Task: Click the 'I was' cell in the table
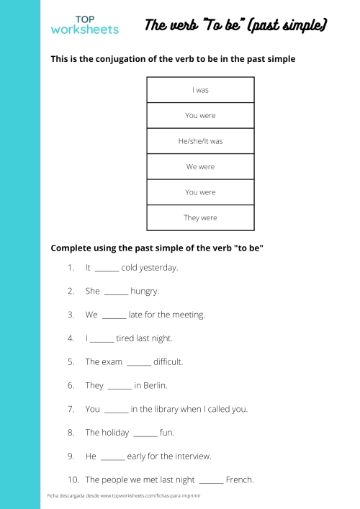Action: pos(200,90)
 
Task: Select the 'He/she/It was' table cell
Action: pos(200,141)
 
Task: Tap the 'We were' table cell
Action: pos(200,166)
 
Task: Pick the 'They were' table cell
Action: pos(200,217)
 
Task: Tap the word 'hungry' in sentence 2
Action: pos(145,292)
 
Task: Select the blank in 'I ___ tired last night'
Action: pos(102,338)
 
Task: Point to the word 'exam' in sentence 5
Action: pos(112,362)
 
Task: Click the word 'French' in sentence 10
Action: pos(240,479)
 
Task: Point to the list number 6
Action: pos(71,385)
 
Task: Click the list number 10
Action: pos(73,479)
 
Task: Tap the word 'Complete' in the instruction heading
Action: pos(73,248)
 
